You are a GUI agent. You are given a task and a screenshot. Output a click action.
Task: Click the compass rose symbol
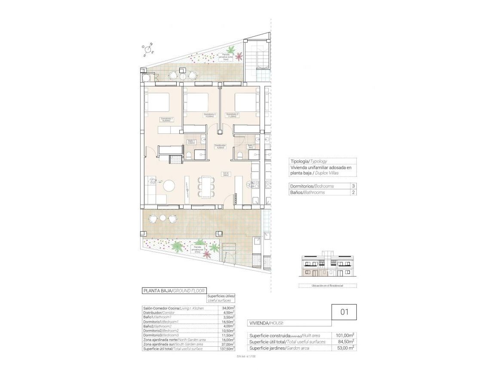tap(149, 49)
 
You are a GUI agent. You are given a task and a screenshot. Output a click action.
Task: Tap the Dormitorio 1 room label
tap(167, 119)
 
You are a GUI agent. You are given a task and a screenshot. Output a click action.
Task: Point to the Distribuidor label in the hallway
tap(220, 146)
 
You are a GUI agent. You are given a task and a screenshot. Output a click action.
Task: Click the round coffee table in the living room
tap(169, 185)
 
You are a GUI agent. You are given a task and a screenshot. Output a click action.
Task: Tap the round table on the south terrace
tap(163, 218)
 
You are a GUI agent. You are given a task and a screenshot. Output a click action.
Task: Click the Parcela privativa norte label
tap(226, 57)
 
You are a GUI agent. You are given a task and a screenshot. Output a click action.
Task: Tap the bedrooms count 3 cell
tap(353, 186)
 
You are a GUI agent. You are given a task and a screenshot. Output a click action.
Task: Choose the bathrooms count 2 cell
tap(353, 192)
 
